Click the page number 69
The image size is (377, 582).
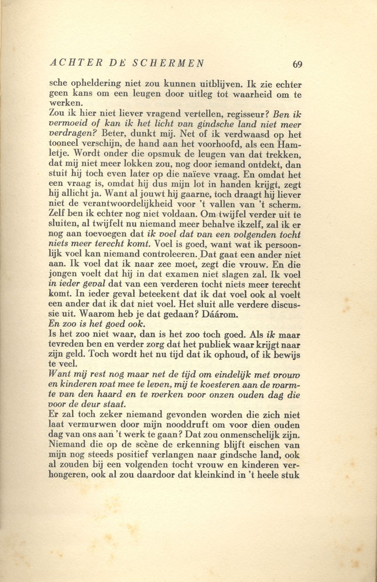click(x=297, y=65)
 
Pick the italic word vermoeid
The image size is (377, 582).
click(x=69, y=124)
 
